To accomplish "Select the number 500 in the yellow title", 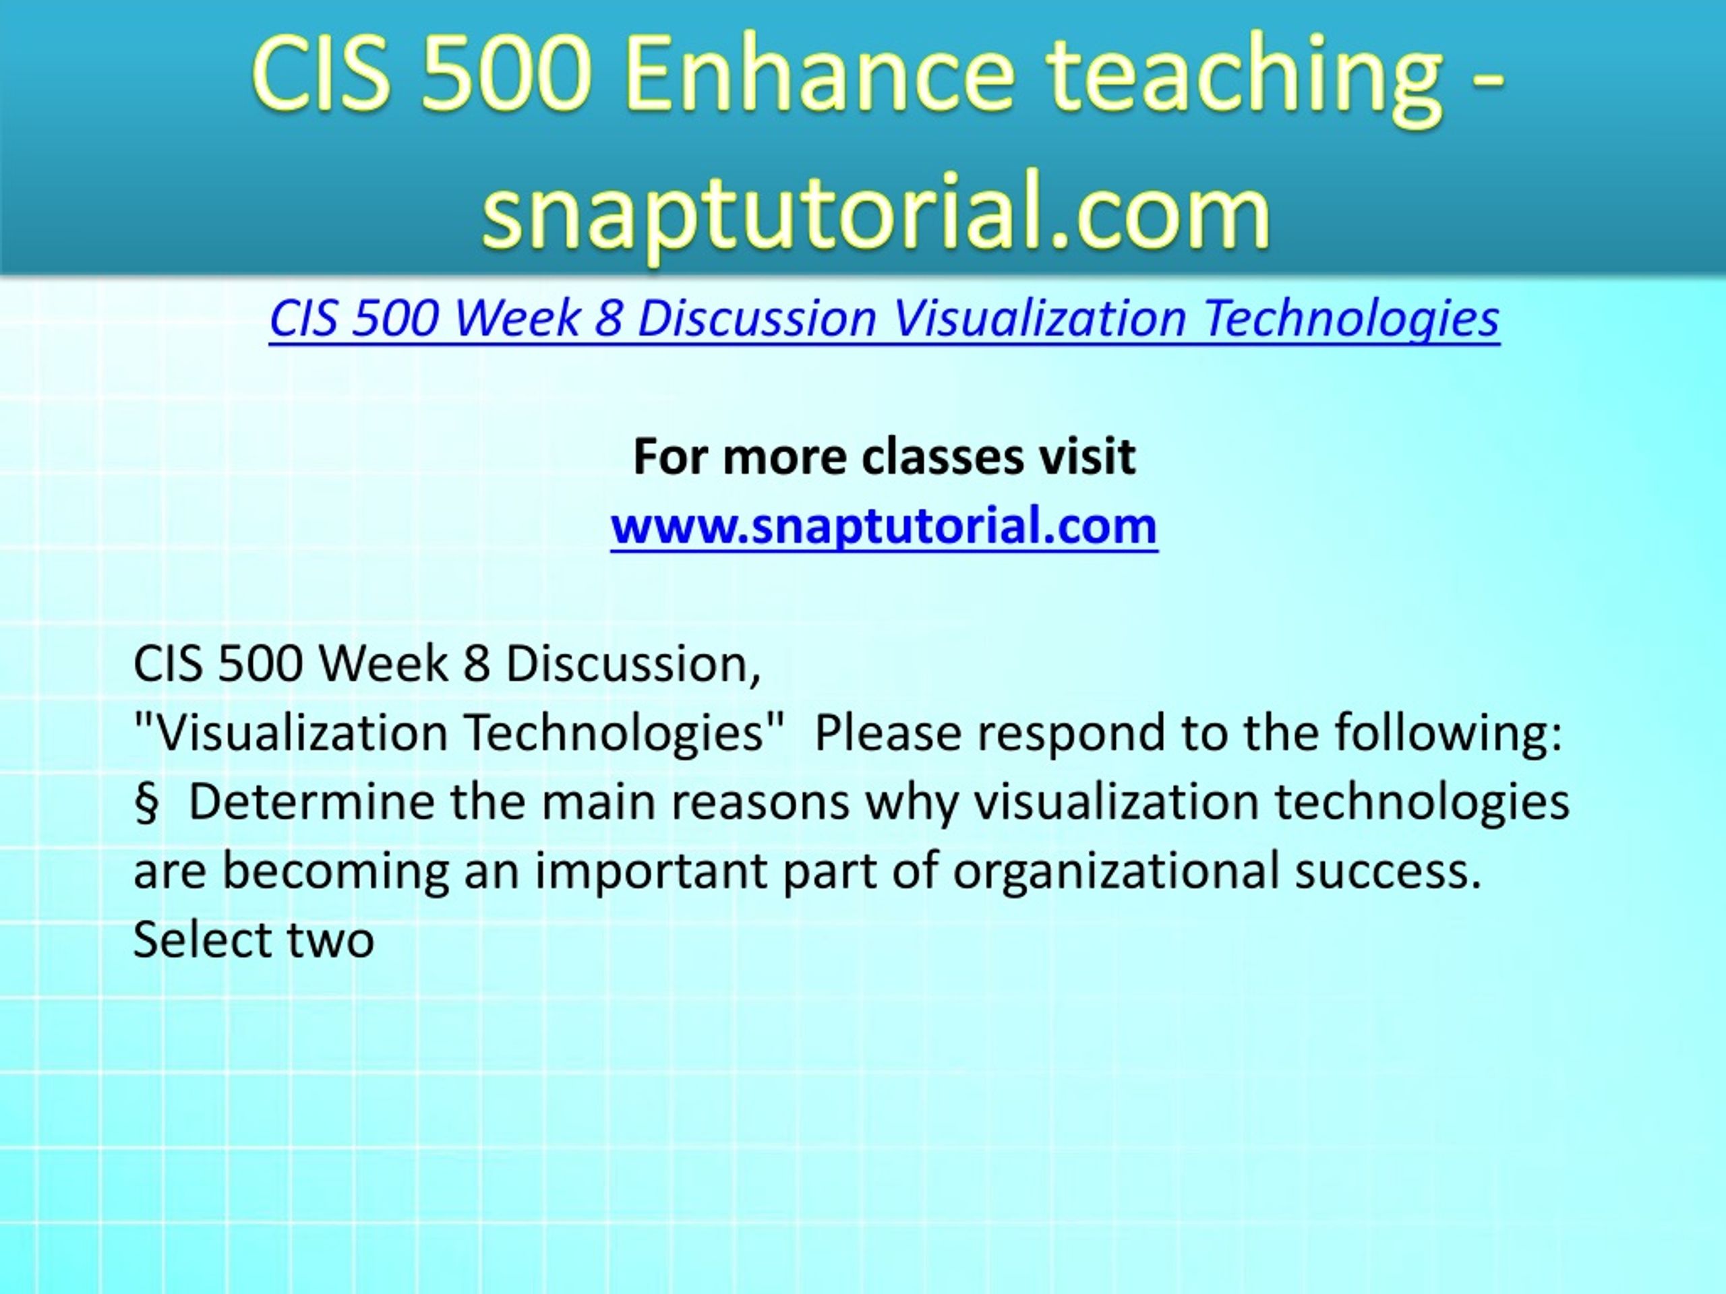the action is point(502,75).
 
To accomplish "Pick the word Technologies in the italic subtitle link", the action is point(1350,320).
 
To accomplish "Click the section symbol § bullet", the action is point(146,803).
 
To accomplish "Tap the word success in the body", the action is point(1388,871).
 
